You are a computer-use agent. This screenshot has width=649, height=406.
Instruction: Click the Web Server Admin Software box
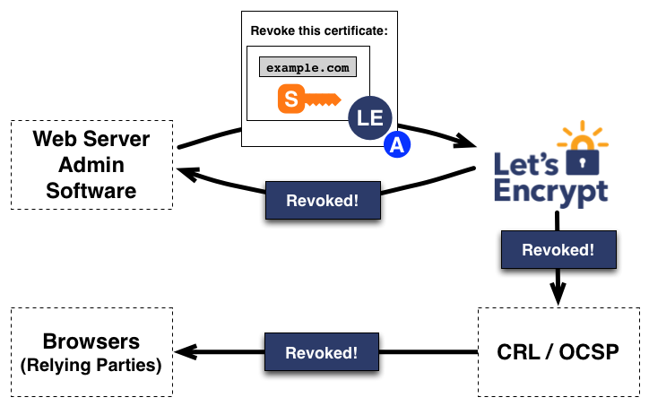click(91, 165)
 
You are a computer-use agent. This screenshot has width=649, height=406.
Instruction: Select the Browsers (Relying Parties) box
click(91, 351)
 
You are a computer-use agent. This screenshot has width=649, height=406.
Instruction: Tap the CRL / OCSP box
click(558, 351)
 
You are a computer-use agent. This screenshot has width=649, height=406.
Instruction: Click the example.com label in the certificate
click(307, 67)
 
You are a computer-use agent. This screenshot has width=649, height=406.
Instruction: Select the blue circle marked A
click(396, 145)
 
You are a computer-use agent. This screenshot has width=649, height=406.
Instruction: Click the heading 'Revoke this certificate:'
click(319, 30)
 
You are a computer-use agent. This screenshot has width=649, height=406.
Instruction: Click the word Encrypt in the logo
click(550, 191)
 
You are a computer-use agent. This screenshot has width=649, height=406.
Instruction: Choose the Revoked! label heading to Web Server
click(322, 201)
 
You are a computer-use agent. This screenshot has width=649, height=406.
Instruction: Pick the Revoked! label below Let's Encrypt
click(558, 249)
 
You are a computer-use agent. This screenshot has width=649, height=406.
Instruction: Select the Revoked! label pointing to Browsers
click(322, 351)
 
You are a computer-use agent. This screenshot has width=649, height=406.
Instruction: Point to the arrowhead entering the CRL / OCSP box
click(558, 297)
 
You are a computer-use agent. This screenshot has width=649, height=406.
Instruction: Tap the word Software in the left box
click(91, 190)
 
